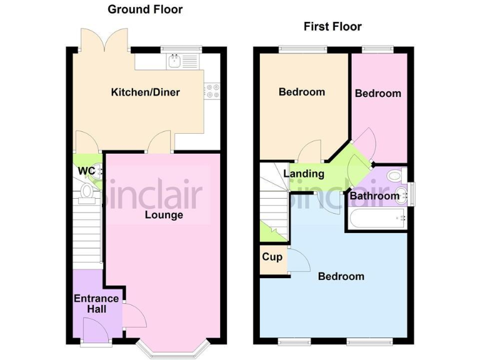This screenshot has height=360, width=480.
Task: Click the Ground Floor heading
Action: pos(145,9)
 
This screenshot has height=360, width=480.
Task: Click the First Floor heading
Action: pos(332,26)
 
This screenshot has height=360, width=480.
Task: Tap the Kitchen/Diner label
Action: pos(145,92)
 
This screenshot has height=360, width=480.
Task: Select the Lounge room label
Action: pos(164,215)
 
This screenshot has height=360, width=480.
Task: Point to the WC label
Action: pos(86,171)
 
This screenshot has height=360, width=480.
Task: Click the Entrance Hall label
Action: pos(90,304)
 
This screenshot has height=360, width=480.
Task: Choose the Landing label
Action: pos(304,174)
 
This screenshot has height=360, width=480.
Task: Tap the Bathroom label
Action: pos(374,196)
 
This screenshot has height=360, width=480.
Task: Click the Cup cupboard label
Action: pos(272,257)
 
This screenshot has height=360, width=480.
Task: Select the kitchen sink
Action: pos(176,61)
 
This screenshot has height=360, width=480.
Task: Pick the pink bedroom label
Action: pos(377,94)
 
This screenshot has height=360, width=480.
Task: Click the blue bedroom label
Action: pos(341,276)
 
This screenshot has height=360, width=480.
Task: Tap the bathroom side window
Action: pos(411,192)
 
